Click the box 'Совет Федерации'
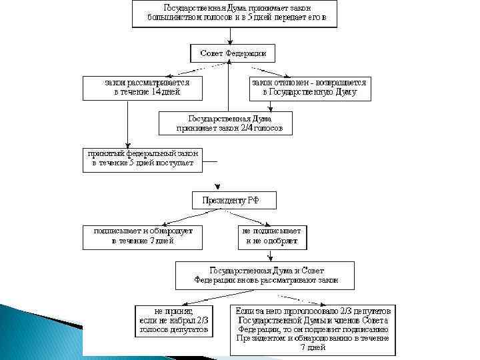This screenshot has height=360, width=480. point(233,53)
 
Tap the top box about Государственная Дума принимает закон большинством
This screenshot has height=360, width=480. point(233,13)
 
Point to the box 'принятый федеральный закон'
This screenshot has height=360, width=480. point(142,158)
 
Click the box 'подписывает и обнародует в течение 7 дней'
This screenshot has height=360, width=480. point(143,236)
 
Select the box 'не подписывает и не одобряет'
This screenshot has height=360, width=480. point(273,236)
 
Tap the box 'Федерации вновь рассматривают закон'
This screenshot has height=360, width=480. point(266,275)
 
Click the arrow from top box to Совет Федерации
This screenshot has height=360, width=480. point(232,35)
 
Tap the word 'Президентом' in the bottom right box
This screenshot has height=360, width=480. point(261,339)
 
